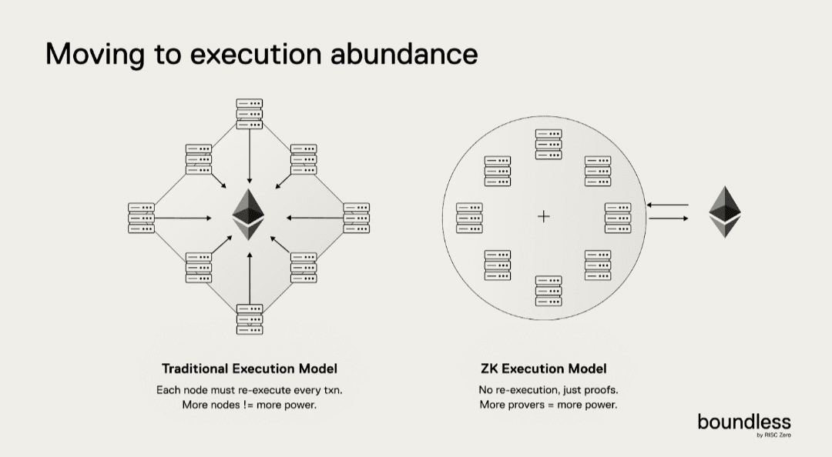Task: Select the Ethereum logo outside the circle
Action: [x=725, y=212]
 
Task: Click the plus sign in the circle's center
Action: [x=544, y=217]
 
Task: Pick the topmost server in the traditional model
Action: [x=250, y=114]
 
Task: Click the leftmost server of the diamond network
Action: [x=141, y=218]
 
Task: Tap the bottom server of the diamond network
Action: [x=250, y=319]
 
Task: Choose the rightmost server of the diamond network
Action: [x=357, y=218]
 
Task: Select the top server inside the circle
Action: [x=549, y=144]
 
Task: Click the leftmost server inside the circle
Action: [x=469, y=218]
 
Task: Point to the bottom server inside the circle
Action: [x=549, y=290]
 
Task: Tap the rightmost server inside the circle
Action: [x=618, y=218]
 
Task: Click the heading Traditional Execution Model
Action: [x=250, y=369]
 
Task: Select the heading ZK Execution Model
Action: [x=548, y=369]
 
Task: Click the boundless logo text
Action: [x=743, y=422]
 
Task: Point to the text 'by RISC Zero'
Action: [x=773, y=435]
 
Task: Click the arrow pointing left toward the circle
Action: [x=668, y=205]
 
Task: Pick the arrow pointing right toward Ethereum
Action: [x=668, y=218]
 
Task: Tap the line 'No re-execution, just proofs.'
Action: [x=548, y=390]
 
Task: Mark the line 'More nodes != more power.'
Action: [x=250, y=405]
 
